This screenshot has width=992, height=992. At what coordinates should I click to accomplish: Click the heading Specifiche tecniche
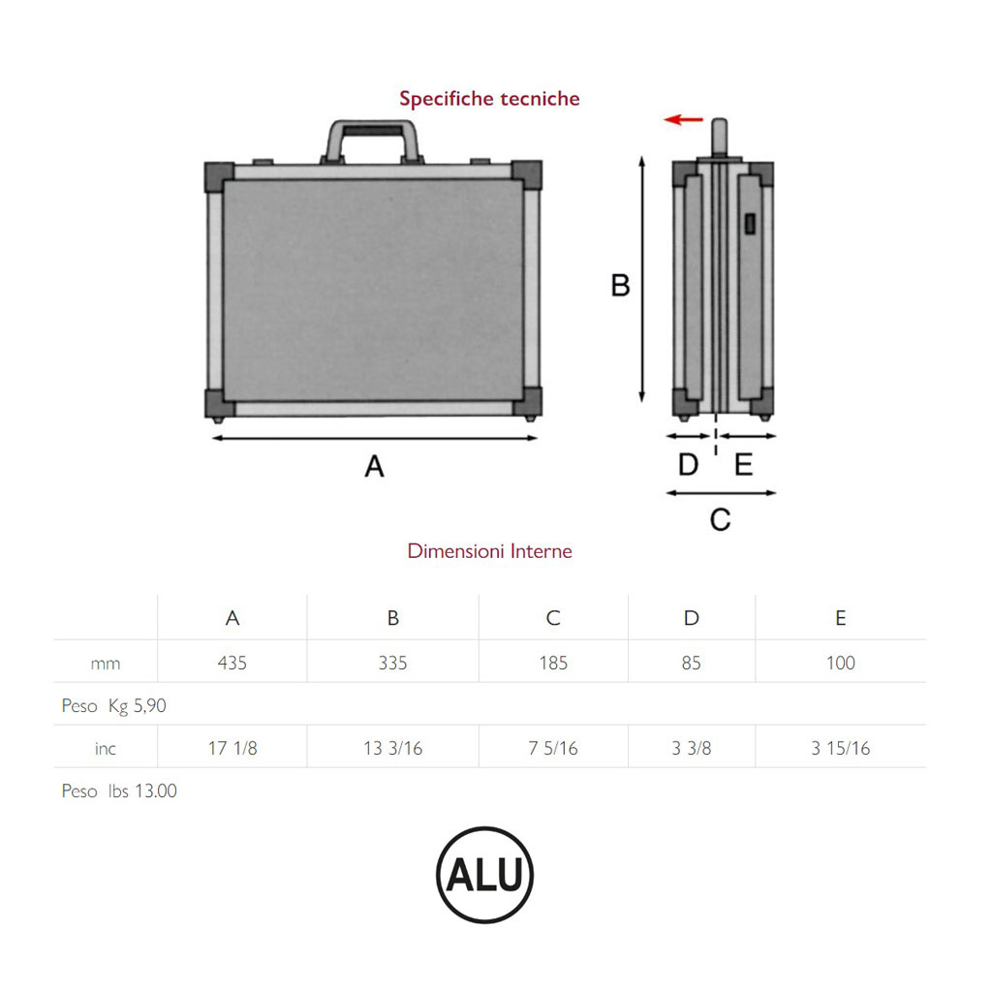[x=489, y=99]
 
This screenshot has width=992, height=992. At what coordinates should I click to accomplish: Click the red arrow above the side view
[x=684, y=119]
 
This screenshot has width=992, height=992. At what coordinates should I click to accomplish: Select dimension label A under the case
[x=374, y=467]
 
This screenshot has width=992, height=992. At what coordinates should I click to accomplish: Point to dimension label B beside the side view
[x=620, y=286]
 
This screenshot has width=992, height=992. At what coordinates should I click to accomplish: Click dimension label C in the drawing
[x=720, y=520]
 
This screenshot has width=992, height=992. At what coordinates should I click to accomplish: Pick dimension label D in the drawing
[x=688, y=465]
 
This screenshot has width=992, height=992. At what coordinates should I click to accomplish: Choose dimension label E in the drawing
[x=743, y=465]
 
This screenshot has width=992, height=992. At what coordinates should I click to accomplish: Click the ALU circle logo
[x=485, y=875]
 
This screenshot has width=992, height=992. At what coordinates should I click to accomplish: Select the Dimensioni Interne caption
[x=489, y=551]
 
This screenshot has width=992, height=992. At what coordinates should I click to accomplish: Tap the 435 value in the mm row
[x=232, y=664]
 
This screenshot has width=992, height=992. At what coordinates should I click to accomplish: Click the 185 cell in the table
[x=553, y=664]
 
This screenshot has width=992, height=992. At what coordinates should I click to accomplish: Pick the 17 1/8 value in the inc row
[x=232, y=749]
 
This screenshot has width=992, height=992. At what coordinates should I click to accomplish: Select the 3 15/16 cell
[x=840, y=749]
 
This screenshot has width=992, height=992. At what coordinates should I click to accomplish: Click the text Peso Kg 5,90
[x=114, y=706]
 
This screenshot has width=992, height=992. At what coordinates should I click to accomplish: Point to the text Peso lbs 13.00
[x=119, y=791]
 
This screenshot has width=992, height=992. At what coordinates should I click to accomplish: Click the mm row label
[x=106, y=664]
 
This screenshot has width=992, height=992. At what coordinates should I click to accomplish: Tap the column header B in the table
[x=392, y=618]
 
